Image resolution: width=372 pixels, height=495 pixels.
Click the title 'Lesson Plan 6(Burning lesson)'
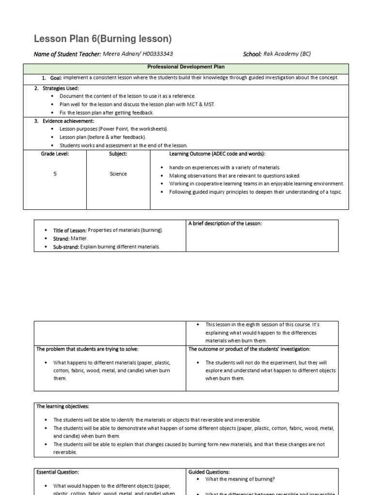click(x=103, y=39)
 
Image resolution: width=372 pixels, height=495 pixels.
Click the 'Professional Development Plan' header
click(x=186, y=67)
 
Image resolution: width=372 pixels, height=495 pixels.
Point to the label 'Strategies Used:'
click(x=61, y=88)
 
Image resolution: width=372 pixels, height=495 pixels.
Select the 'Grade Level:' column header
click(x=55, y=154)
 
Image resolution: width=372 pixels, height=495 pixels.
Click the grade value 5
click(x=55, y=174)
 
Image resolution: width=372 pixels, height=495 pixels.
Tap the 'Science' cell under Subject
click(x=118, y=174)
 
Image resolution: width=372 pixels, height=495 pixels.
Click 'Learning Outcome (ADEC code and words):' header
click(x=217, y=154)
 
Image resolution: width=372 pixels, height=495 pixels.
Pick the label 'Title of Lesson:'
click(x=70, y=231)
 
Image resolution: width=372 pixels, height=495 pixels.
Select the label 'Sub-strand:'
click(x=66, y=247)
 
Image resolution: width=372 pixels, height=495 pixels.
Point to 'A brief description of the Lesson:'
click(x=225, y=223)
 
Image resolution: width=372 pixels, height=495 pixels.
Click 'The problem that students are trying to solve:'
click(x=91, y=349)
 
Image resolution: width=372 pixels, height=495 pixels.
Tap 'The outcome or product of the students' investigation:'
click(x=249, y=349)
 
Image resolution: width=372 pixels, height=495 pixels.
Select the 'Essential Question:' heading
click(x=58, y=472)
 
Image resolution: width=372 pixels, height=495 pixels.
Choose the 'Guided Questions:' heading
click(x=209, y=472)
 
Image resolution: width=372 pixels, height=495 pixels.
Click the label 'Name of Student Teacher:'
click(x=67, y=54)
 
